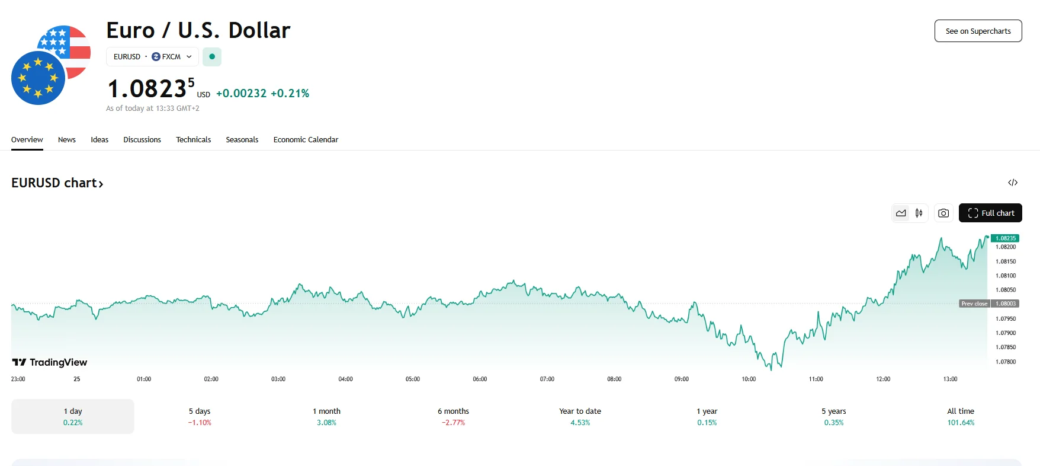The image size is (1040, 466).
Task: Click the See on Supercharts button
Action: tap(978, 31)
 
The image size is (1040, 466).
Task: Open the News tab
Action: tap(67, 140)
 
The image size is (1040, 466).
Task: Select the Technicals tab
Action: tap(193, 140)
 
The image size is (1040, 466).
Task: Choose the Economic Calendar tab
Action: tap(306, 140)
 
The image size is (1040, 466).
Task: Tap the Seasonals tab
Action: tap(242, 140)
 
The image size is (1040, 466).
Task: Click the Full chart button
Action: tap(990, 213)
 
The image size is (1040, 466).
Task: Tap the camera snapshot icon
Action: tap(943, 213)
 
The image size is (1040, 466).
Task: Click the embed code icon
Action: tap(1013, 183)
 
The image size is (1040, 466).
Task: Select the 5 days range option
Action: tap(200, 416)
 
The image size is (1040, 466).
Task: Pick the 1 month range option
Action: tap(326, 416)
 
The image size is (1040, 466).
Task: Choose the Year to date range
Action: tap(580, 416)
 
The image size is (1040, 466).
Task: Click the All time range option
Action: tap(960, 416)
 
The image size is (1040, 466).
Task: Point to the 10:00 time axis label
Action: tap(749, 379)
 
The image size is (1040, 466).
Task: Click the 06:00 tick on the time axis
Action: tap(480, 379)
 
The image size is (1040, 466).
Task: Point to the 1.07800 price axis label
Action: tap(1006, 362)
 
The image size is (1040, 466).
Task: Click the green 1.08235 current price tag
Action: tap(1005, 238)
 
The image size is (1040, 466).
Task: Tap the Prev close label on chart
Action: tap(974, 304)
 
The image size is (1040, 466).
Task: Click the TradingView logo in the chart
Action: tap(50, 362)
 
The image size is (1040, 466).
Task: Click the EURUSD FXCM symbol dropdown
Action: tap(152, 57)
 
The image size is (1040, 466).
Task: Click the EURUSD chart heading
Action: tap(57, 183)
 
